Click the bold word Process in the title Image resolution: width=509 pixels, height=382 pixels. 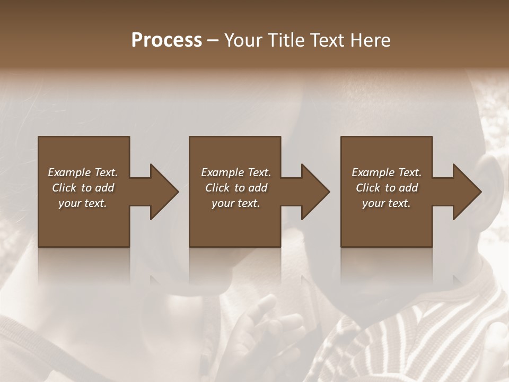pos(166,40)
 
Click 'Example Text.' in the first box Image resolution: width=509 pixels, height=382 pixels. pos(83,172)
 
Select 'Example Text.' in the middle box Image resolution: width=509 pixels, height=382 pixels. pos(236,172)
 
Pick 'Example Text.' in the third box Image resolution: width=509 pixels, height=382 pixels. pos(387,172)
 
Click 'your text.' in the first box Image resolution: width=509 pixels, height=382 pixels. pos(83,203)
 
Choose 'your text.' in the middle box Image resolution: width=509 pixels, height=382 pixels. pos(236,203)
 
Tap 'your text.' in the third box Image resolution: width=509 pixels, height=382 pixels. pos(387,203)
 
